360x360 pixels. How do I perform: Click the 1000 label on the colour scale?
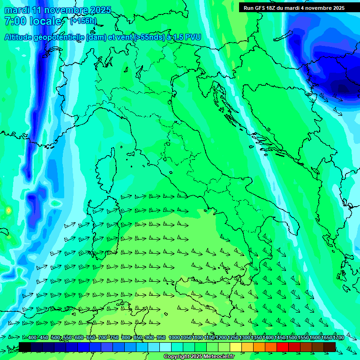tap(174, 338)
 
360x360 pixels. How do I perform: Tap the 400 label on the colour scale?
tap(32, 338)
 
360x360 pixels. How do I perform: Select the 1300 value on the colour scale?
tap(245, 338)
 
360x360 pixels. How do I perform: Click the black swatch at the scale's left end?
tap(25, 347)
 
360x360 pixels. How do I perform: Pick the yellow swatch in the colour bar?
tap(236, 347)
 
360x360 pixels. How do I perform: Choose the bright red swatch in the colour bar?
tap(283, 347)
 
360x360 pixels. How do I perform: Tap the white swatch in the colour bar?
tap(165, 347)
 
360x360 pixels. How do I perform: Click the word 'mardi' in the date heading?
tap(16, 10)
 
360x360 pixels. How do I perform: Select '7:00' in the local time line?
tap(15, 21)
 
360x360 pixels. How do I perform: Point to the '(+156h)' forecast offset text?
tap(83, 21)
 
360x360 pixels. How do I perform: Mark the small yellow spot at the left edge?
tap(8, 210)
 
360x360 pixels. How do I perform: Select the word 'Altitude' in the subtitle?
tap(21, 37)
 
